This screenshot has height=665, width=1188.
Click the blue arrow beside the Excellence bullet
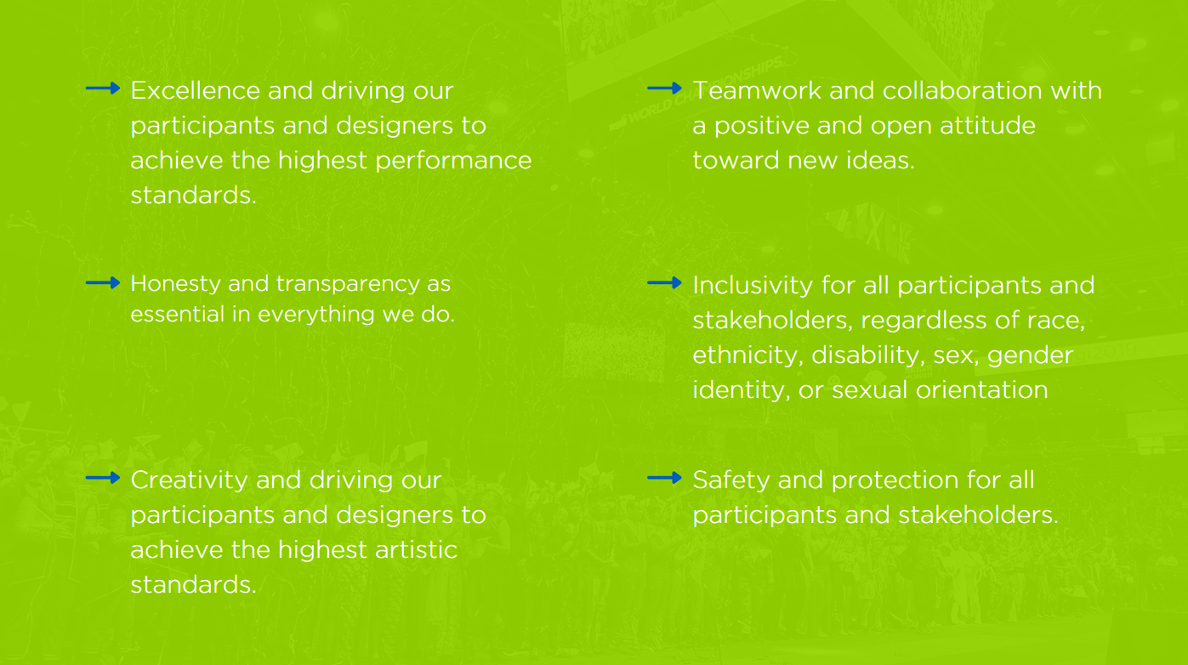(103, 88)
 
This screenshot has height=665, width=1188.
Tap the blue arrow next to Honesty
(103, 282)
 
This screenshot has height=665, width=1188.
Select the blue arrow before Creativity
(103, 478)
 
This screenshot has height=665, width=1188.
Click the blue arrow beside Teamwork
(664, 88)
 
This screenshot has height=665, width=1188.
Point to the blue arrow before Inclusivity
(664, 282)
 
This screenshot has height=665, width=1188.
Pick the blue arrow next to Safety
(664, 478)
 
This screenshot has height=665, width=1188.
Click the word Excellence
(196, 90)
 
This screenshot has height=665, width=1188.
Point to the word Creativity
(189, 481)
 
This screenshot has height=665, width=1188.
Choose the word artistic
(416, 549)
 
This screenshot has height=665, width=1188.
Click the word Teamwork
(757, 90)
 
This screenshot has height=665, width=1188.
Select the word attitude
(987, 126)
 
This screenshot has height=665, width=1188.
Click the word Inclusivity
(753, 286)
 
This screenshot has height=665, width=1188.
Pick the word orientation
(981, 390)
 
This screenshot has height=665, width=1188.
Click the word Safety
(731, 481)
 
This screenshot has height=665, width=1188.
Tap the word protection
(895, 481)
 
